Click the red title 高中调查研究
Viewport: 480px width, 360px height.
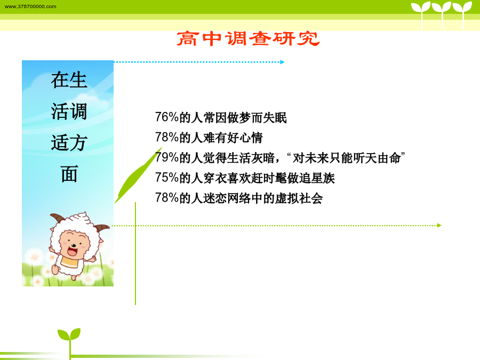(x=248, y=39)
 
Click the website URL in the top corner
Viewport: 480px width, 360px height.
(x=30, y=6)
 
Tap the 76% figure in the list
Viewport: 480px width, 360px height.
(x=167, y=117)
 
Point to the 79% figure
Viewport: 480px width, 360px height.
(x=167, y=158)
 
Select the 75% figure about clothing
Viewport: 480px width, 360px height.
(x=167, y=178)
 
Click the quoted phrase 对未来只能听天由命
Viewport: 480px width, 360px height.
(x=347, y=158)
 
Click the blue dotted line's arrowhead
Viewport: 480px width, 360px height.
(x=282, y=62)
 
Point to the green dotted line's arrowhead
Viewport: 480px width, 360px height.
(x=439, y=226)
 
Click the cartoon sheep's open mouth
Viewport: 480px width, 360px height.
(x=72, y=252)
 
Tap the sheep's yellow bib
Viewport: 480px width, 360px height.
(x=71, y=261)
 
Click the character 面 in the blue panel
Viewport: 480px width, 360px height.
(x=69, y=174)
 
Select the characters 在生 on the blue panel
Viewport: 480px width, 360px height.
(x=69, y=80)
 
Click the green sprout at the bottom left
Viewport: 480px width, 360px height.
(x=69, y=340)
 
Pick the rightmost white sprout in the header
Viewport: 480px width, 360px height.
(x=462, y=14)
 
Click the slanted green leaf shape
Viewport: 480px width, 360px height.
(x=138, y=175)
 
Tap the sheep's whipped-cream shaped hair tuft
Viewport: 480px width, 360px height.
(x=81, y=218)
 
